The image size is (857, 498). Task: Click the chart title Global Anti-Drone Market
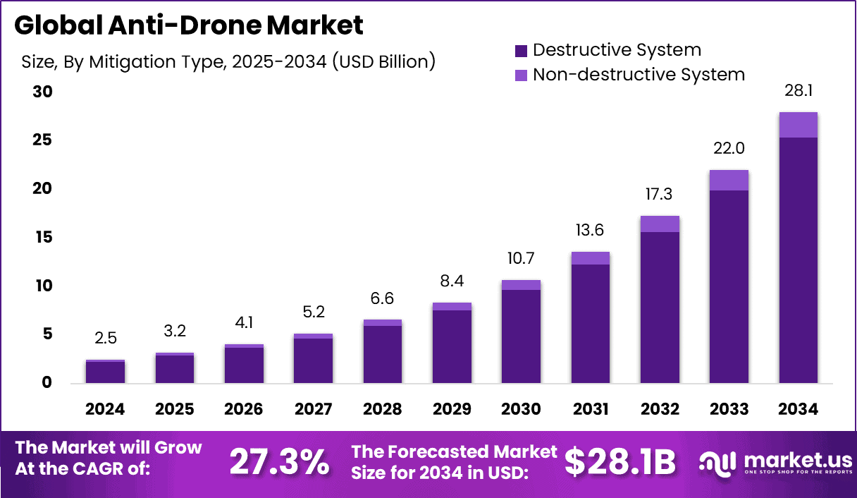tap(189, 25)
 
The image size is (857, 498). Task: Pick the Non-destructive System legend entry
tap(629, 74)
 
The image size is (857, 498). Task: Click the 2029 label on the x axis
tap(452, 409)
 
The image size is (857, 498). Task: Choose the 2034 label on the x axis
tap(799, 409)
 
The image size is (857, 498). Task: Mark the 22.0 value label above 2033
tap(729, 149)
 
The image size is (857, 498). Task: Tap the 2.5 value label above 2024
tap(106, 338)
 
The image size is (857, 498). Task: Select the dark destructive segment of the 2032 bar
tap(660, 307)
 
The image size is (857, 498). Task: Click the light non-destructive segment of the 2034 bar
tap(799, 125)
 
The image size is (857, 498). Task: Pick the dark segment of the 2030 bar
tap(522, 336)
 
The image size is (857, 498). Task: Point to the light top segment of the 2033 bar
tap(729, 181)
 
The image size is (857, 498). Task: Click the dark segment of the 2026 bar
tap(244, 365)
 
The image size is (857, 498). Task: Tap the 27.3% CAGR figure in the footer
tap(279, 463)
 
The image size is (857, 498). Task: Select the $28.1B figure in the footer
tap(620, 463)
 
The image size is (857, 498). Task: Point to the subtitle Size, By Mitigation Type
tap(228, 61)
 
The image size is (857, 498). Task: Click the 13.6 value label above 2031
tap(590, 230)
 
